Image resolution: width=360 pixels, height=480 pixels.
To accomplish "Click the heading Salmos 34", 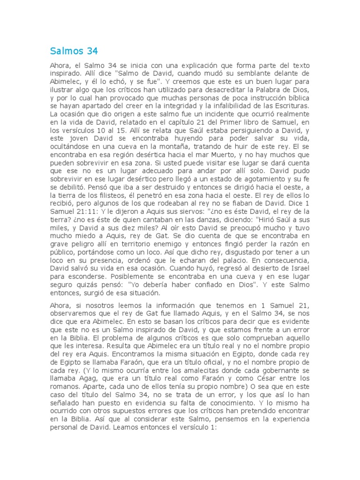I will [74, 51].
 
